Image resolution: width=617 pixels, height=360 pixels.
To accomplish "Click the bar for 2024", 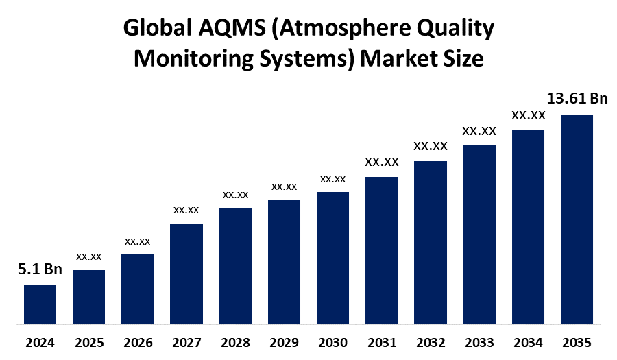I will [40, 304].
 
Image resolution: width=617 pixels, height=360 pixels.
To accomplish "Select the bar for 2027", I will [186, 273].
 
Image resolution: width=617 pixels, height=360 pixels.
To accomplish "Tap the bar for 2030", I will [332, 257].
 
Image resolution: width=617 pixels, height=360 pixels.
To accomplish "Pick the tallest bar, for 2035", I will [577, 219].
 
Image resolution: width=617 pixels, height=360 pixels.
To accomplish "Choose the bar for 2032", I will [431, 242].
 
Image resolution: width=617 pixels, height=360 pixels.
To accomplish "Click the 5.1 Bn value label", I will [40, 269].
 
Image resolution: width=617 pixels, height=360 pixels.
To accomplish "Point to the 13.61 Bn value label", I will [577, 99].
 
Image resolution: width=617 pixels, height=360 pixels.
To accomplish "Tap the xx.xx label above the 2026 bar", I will [138, 241].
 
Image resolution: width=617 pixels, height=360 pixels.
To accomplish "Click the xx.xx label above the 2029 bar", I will [284, 187].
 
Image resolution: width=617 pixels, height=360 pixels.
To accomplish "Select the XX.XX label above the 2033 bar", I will [479, 130].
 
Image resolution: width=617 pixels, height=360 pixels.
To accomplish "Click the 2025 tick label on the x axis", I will [89, 342].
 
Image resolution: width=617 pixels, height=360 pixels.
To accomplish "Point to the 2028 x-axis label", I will [235, 342].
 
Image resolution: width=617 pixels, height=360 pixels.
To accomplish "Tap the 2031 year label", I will [381, 342].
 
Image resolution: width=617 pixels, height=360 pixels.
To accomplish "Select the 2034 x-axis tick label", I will [528, 342].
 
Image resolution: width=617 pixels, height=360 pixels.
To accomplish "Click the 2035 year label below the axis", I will [577, 342].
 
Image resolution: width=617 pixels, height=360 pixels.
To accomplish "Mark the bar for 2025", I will [89, 296].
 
